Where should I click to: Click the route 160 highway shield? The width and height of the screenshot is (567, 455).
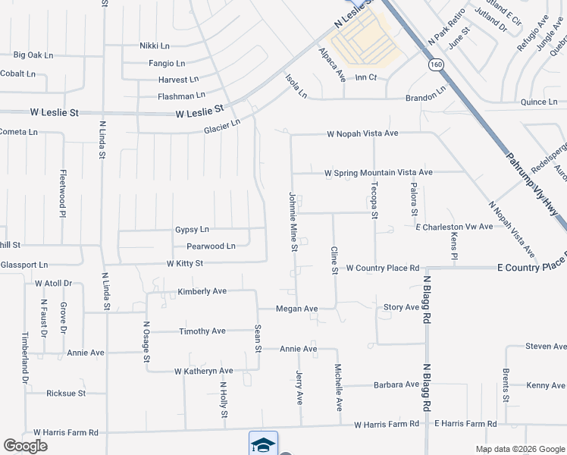[x=435, y=65]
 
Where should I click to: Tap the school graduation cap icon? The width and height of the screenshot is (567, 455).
[x=263, y=444]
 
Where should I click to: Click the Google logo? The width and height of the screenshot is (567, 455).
[x=25, y=446]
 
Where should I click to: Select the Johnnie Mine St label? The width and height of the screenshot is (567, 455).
[x=293, y=222]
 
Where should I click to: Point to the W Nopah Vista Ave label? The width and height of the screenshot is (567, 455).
[x=362, y=133]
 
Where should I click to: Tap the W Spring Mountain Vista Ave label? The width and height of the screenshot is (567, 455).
[x=378, y=173]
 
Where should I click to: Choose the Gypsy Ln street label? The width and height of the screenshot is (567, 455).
[x=192, y=229]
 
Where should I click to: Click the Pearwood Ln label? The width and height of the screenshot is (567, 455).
[x=211, y=246]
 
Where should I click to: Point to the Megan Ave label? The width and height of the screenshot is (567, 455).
[x=296, y=309]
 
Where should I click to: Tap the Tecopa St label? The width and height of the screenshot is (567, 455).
[x=374, y=200]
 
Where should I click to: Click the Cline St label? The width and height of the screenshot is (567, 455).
[x=334, y=261]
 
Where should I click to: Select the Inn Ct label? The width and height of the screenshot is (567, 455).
[x=366, y=77]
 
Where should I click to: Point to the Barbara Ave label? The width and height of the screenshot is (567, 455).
[x=396, y=385]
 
